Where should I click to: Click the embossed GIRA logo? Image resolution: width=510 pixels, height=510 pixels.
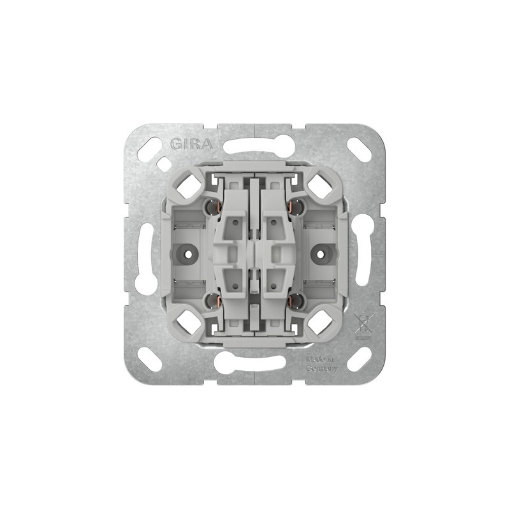coord(192,144)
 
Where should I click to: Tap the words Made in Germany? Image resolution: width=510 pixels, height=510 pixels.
coord(322,364)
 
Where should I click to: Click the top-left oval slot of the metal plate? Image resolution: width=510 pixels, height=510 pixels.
coord(150,148)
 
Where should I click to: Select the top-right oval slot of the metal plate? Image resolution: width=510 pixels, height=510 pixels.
coord(360,148)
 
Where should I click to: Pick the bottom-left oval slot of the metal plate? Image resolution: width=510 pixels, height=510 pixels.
coord(150,359)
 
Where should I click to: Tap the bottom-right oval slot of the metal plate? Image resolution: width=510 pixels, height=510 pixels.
coord(360,359)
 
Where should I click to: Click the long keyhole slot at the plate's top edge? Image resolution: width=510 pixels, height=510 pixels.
coord(254,145)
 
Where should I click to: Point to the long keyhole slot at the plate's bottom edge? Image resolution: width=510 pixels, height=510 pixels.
coord(250,362)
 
